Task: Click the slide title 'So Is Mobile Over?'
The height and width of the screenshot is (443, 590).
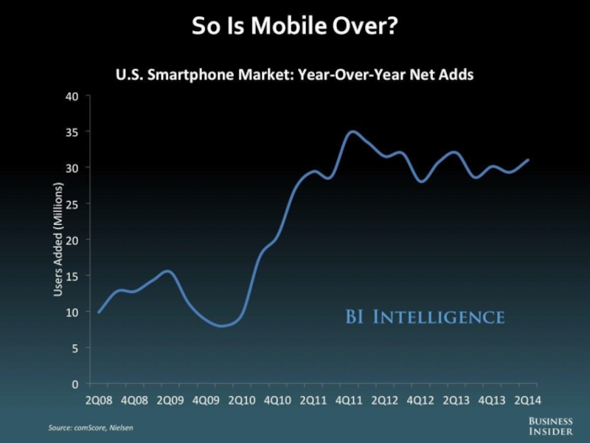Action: tap(295, 27)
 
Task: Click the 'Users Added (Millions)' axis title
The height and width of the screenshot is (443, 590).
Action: tap(58, 239)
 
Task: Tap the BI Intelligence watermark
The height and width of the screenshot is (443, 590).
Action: tap(425, 317)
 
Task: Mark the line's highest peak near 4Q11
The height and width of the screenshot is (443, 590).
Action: tap(353, 131)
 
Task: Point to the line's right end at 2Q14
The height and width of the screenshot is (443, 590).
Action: tap(529, 159)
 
